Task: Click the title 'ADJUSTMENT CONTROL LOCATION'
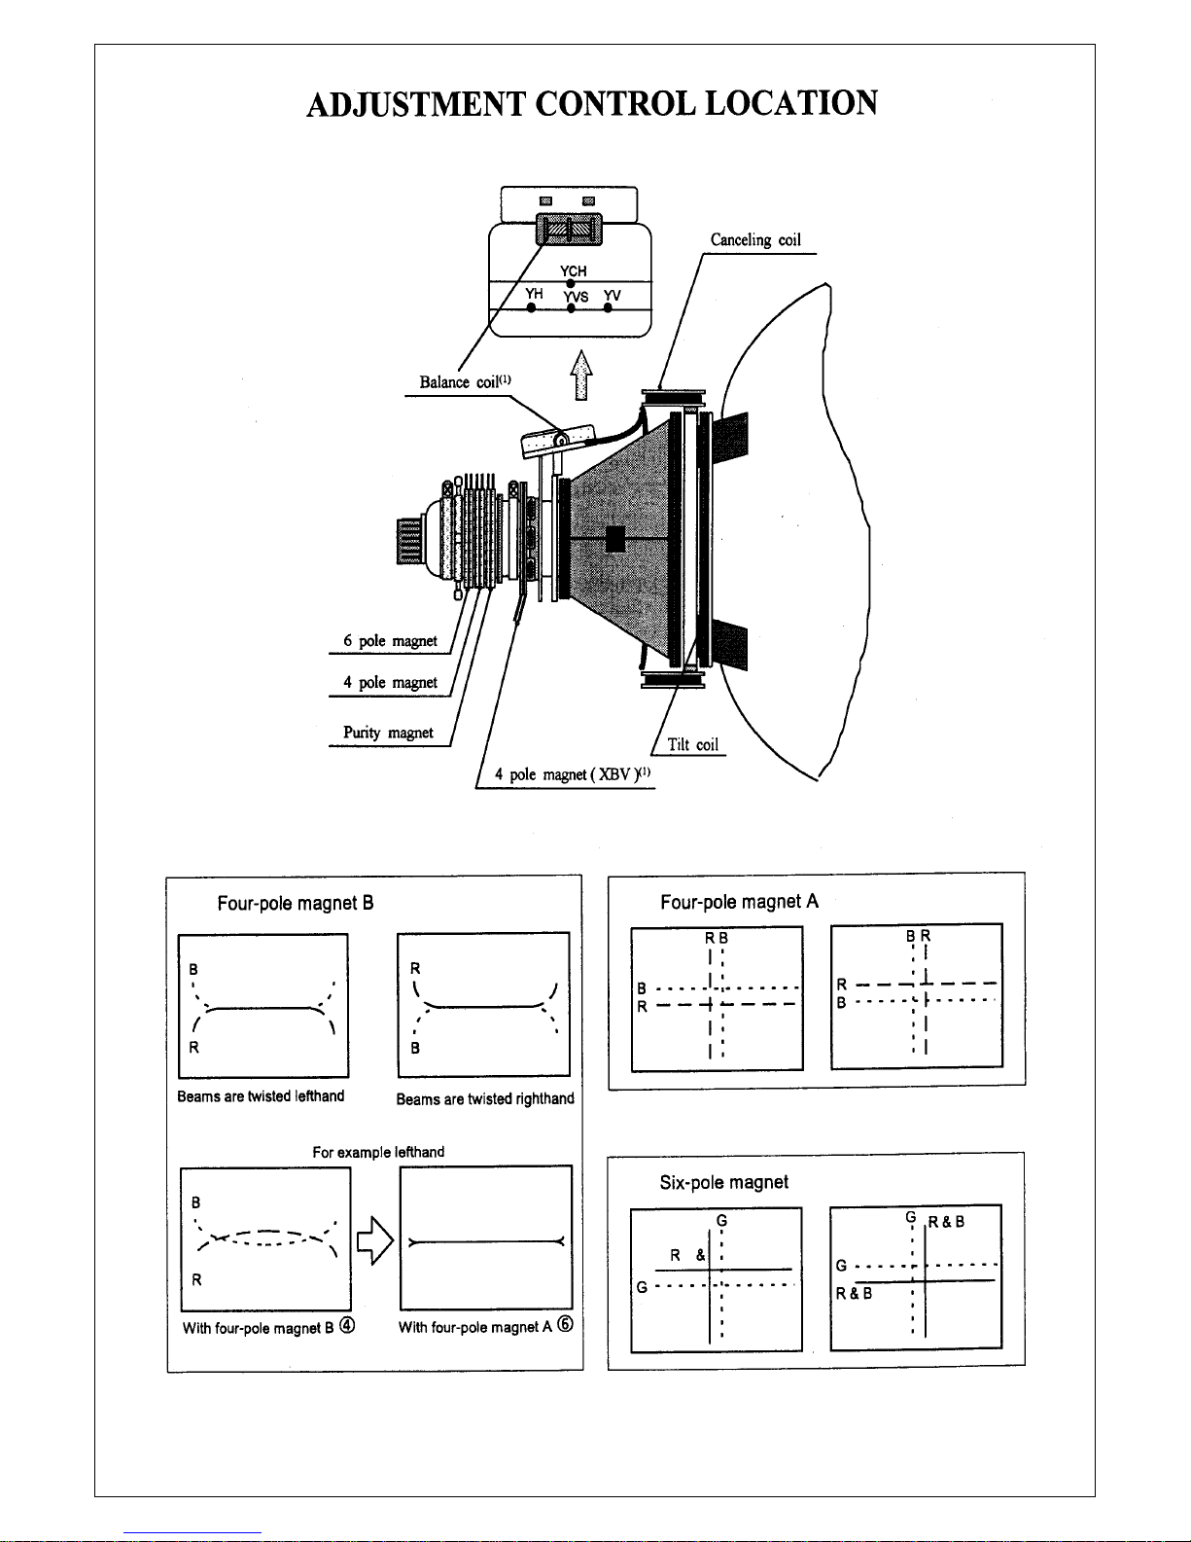[592, 103]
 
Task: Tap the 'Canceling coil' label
[755, 240]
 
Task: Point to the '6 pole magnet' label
[391, 641]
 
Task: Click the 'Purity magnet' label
[389, 733]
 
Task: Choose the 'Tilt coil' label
[692, 744]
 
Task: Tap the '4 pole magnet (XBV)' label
[572, 774]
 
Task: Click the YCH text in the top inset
[574, 271]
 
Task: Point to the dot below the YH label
[531, 308]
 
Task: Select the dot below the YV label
[609, 308]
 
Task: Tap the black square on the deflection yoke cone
[615, 539]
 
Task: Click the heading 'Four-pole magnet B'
[296, 904]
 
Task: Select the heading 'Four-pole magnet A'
[740, 902]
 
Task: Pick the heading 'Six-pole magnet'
[723, 1182]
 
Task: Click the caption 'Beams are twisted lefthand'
[261, 1096]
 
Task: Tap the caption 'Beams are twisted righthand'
[485, 1099]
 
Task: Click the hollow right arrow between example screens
[375, 1241]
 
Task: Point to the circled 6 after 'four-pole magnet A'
[565, 1324]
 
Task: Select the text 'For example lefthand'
[378, 1152]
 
